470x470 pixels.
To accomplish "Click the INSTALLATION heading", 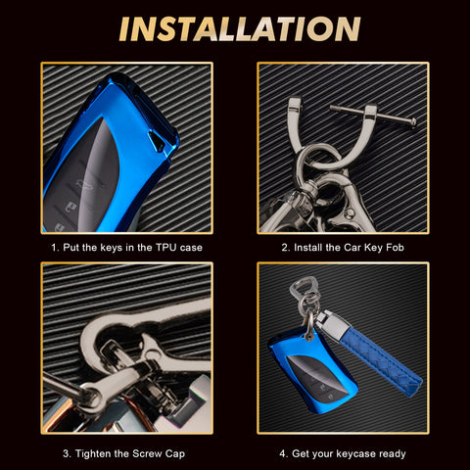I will (x=235, y=29).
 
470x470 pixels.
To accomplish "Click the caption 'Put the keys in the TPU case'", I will (x=126, y=248).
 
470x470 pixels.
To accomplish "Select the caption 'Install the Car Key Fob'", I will (x=343, y=248).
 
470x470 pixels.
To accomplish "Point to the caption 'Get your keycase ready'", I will (x=344, y=453).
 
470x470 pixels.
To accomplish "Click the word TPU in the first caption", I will (x=169, y=248).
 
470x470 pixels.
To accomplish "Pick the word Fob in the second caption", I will (x=389, y=248).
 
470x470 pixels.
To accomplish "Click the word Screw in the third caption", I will (x=139, y=453).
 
